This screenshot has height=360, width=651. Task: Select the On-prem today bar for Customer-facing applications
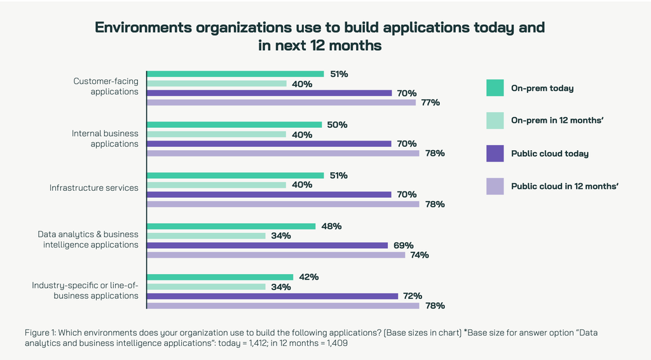(235, 74)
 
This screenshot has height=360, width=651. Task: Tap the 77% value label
(430, 102)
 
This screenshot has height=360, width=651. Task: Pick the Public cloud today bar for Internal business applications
(269, 144)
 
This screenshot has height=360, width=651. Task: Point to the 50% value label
(337, 125)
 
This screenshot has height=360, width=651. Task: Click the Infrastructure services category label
(94, 188)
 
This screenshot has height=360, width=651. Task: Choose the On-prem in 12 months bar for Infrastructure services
(217, 185)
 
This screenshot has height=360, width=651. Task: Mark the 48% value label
(331, 226)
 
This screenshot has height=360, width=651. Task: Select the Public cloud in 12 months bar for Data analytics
(276, 255)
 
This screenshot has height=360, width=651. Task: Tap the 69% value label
(403, 246)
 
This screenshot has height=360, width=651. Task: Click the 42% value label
(308, 277)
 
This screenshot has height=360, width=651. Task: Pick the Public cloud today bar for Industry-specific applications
(272, 296)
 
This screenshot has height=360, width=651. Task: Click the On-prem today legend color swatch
(495, 88)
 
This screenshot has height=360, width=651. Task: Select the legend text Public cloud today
(550, 154)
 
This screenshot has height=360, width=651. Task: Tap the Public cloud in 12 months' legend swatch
(495, 186)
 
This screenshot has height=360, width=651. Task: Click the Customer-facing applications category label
(106, 87)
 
